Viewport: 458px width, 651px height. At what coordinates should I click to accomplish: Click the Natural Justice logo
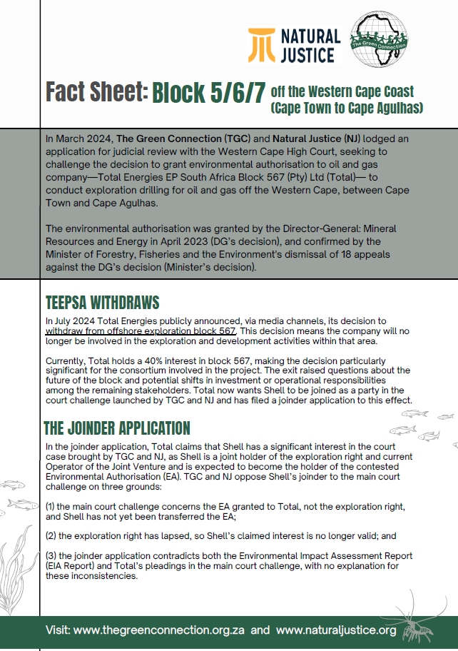point(293,44)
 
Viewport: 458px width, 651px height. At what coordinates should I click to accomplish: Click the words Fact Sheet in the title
point(96,92)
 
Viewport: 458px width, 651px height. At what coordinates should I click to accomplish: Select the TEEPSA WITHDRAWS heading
point(101,302)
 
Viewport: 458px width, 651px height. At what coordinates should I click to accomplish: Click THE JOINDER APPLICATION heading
point(116,428)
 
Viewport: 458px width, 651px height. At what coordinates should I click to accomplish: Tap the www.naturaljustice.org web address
point(335,630)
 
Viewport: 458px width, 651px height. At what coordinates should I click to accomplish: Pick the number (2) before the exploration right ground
point(51,535)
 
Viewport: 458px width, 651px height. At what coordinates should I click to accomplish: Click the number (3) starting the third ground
point(51,555)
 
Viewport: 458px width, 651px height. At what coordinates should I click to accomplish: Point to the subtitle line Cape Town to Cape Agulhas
point(347,108)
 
